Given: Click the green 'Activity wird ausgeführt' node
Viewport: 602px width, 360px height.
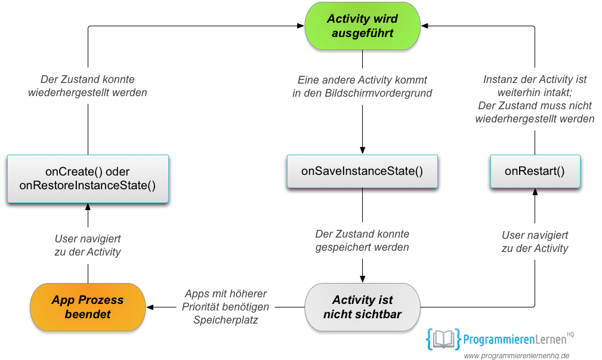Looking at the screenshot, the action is pos(362,26).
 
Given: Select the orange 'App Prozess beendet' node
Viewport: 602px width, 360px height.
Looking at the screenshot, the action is pos(88,307).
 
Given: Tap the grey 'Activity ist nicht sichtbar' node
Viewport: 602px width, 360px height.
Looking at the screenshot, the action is pos(362,307).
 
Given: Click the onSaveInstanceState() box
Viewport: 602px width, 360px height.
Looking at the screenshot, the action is pos(362,171).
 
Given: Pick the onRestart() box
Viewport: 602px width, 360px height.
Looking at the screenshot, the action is pos(535,171).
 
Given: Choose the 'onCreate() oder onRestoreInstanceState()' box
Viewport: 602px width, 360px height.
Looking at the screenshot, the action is pos(88,179).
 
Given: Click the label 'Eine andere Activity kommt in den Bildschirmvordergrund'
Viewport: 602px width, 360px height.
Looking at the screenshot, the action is pos(362,87).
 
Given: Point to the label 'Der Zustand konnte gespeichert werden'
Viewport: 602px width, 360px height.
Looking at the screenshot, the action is pos(362,241).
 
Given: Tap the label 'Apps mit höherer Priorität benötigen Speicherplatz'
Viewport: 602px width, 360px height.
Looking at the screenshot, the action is pos(226,307).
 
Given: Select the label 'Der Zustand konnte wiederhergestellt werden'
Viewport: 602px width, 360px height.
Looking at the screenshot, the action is pos(88,86).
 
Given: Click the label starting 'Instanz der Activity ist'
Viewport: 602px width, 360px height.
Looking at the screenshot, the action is pos(535,99).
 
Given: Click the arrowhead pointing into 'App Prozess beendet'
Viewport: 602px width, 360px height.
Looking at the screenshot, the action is pos(150,307).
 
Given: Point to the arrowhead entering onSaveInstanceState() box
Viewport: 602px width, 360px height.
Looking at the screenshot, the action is pos(362,150).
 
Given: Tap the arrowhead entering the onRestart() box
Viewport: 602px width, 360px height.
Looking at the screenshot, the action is pos(535,192).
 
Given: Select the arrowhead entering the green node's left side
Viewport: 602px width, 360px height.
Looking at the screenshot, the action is pos(301,26).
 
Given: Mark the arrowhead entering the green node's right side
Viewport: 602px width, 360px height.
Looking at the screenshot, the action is pos(425,26).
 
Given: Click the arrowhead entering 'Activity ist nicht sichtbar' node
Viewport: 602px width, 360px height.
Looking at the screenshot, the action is pos(362,279).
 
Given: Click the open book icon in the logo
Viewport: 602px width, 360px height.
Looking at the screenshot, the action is pos(443,339).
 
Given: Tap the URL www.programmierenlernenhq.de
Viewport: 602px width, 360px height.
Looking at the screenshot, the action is pos(517,356).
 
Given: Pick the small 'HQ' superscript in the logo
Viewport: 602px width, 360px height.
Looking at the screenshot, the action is pos(570,335).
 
